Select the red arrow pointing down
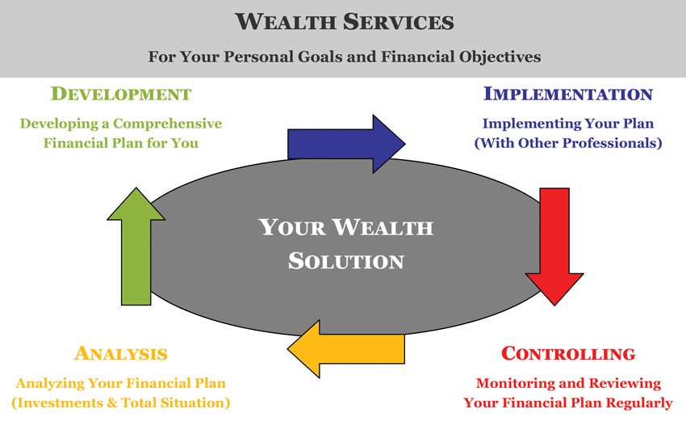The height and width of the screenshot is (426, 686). (x=554, y=247)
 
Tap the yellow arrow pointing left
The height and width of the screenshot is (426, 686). (x=346, y=349)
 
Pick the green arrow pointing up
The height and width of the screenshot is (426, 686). (x=136, y=247)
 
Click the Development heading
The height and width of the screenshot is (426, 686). (x=121, y=94)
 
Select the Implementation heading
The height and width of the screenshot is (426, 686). (x=568, y=94)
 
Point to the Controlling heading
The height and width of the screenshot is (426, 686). (x=568, y=353)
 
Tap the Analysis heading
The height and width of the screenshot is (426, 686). (x=121, y=353)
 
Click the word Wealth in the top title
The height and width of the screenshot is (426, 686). (x=284, y=22)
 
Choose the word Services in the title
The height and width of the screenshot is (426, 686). (x=399, y=22)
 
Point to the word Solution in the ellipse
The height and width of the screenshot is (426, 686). (x=346, y=261)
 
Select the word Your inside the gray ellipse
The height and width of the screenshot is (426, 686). (x=292, y=227)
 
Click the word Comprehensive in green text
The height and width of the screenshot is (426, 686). (x=168, y=124)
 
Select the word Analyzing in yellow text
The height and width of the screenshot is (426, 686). (x=50, y=383)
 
